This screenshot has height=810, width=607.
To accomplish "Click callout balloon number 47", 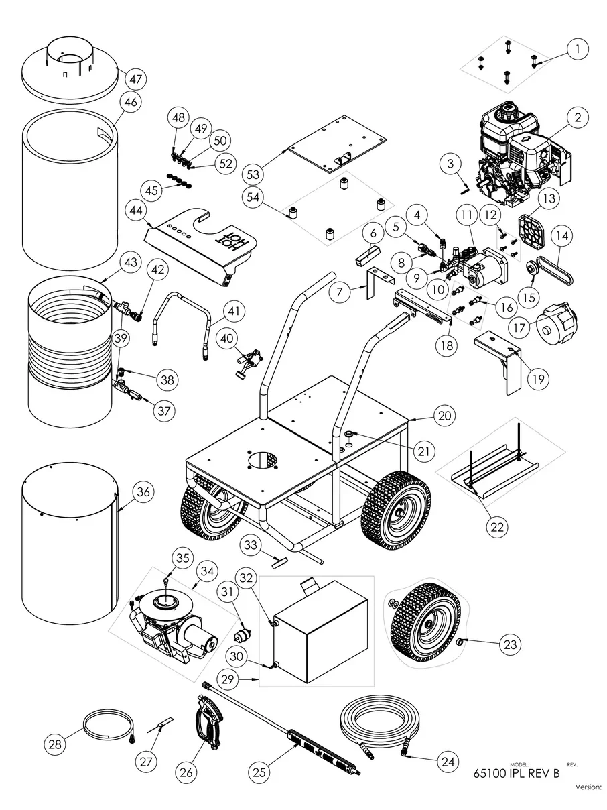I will (x=137, y=79).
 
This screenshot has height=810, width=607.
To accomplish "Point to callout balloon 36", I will (x=143, y=491).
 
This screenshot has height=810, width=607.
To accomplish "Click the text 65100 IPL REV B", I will (x=516, y=773).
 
